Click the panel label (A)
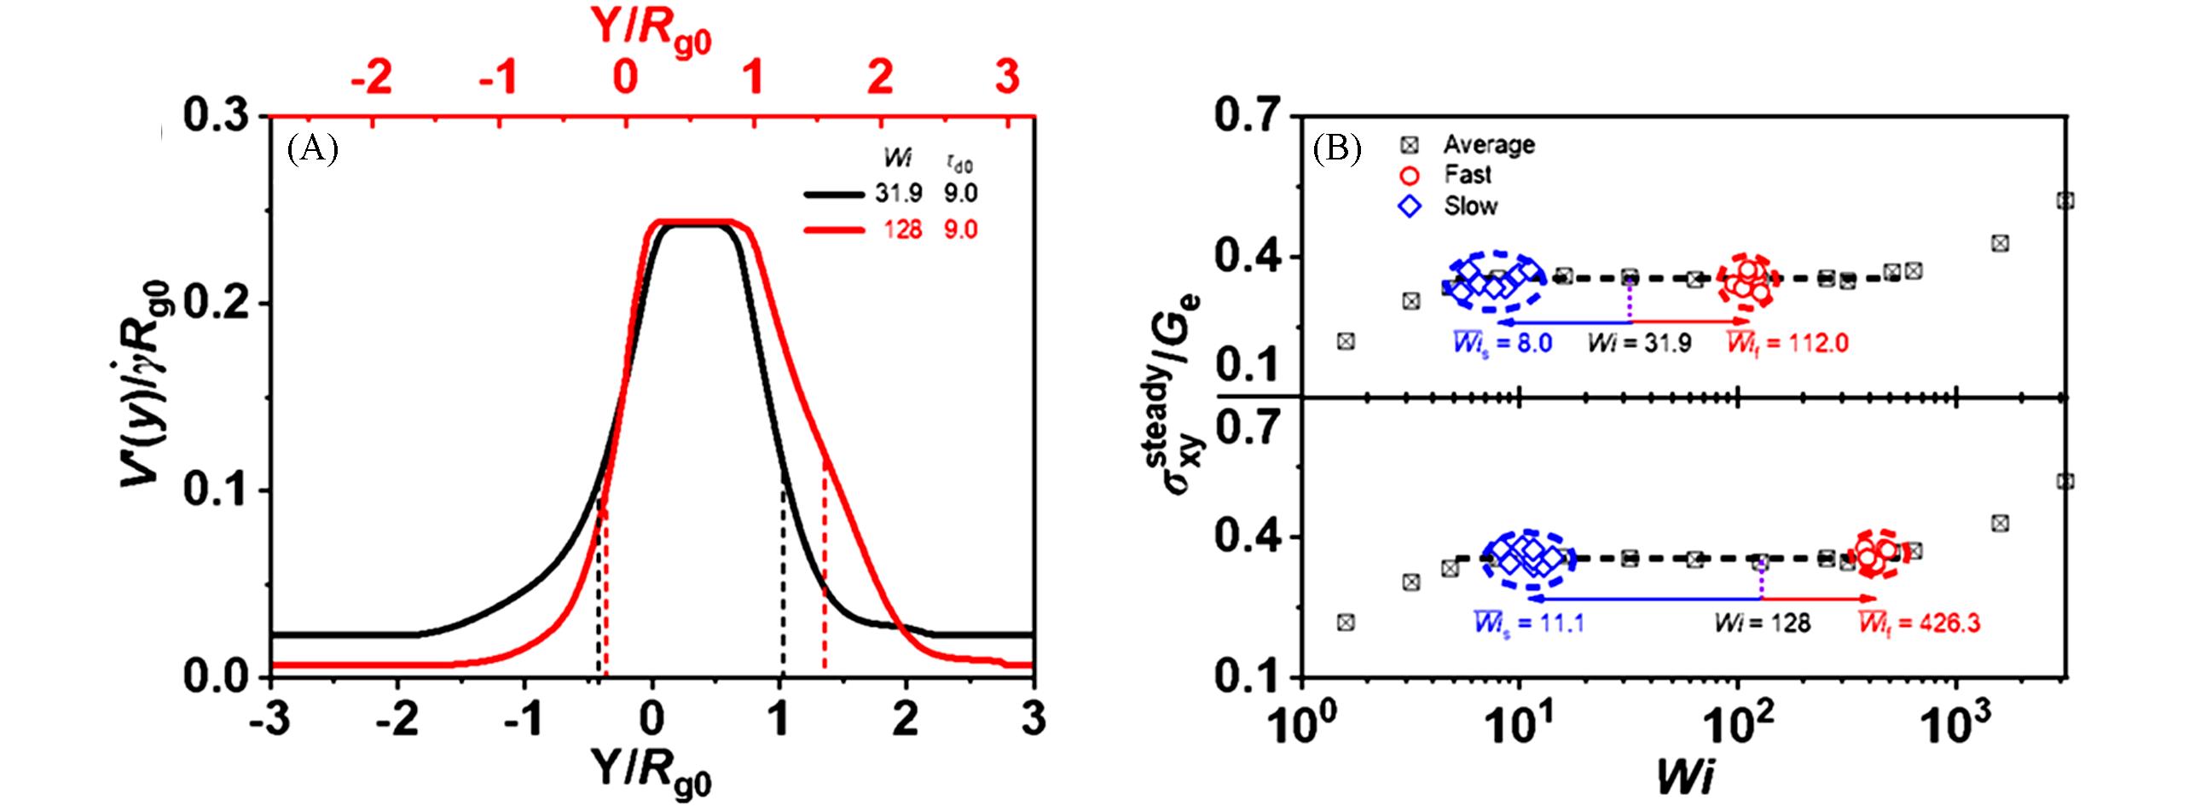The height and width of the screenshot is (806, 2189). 313,150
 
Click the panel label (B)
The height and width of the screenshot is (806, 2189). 1337,150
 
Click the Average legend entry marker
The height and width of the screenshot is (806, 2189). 1410,144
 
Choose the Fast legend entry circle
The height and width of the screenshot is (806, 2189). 1410,175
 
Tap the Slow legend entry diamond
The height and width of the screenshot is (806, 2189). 1410,206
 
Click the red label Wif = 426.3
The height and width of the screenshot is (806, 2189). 1919,623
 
